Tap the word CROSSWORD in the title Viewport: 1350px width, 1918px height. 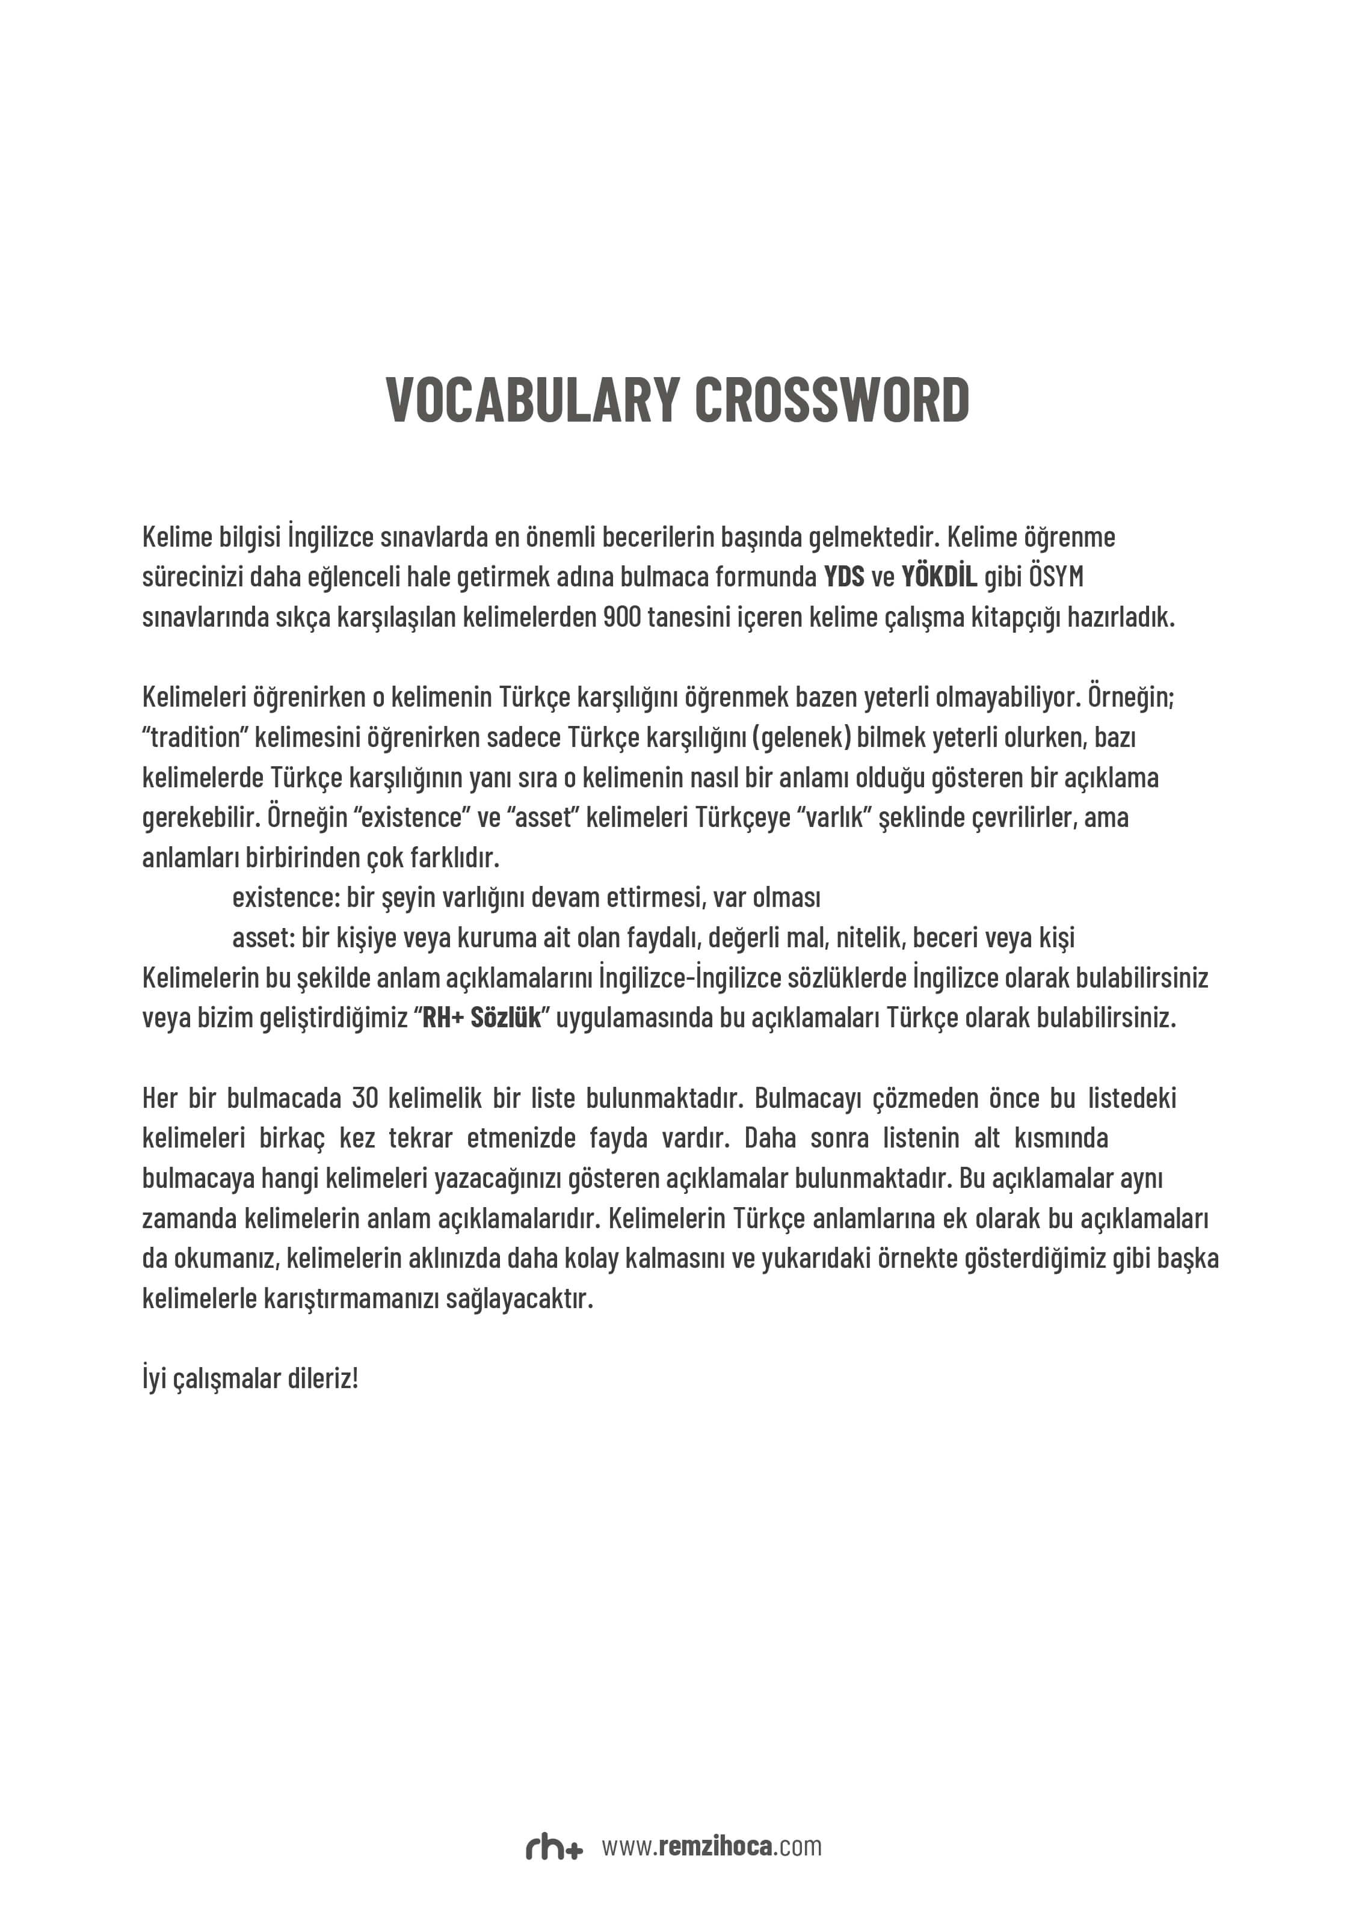831,400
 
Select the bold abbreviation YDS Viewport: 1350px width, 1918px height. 843,577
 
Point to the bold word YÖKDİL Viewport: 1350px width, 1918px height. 939,577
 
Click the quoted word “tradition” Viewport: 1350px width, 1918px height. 195,737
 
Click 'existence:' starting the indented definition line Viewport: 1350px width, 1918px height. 286,898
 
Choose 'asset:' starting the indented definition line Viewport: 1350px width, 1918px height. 263,938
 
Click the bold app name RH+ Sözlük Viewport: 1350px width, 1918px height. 482,1018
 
